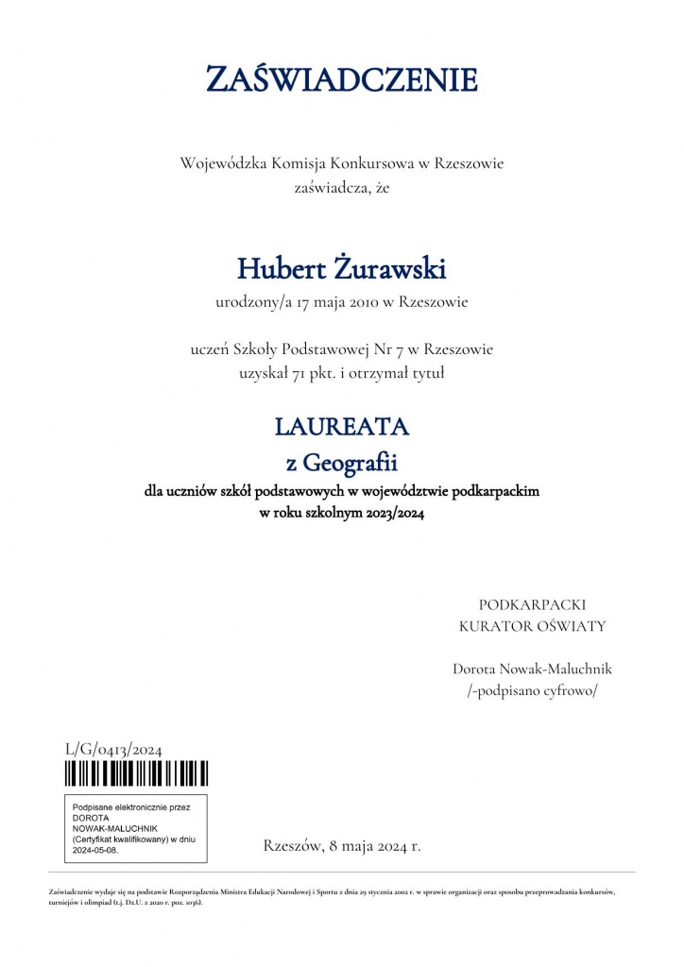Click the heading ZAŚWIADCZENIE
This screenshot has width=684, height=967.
coord(341,79)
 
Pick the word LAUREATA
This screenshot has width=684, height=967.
coord(341,427)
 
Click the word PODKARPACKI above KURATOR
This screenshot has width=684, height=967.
coord(532,604)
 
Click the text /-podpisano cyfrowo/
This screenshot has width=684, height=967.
coord(532,690)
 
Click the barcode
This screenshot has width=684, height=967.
coord(136,774)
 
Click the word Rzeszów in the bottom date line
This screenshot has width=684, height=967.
coord(292,845)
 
